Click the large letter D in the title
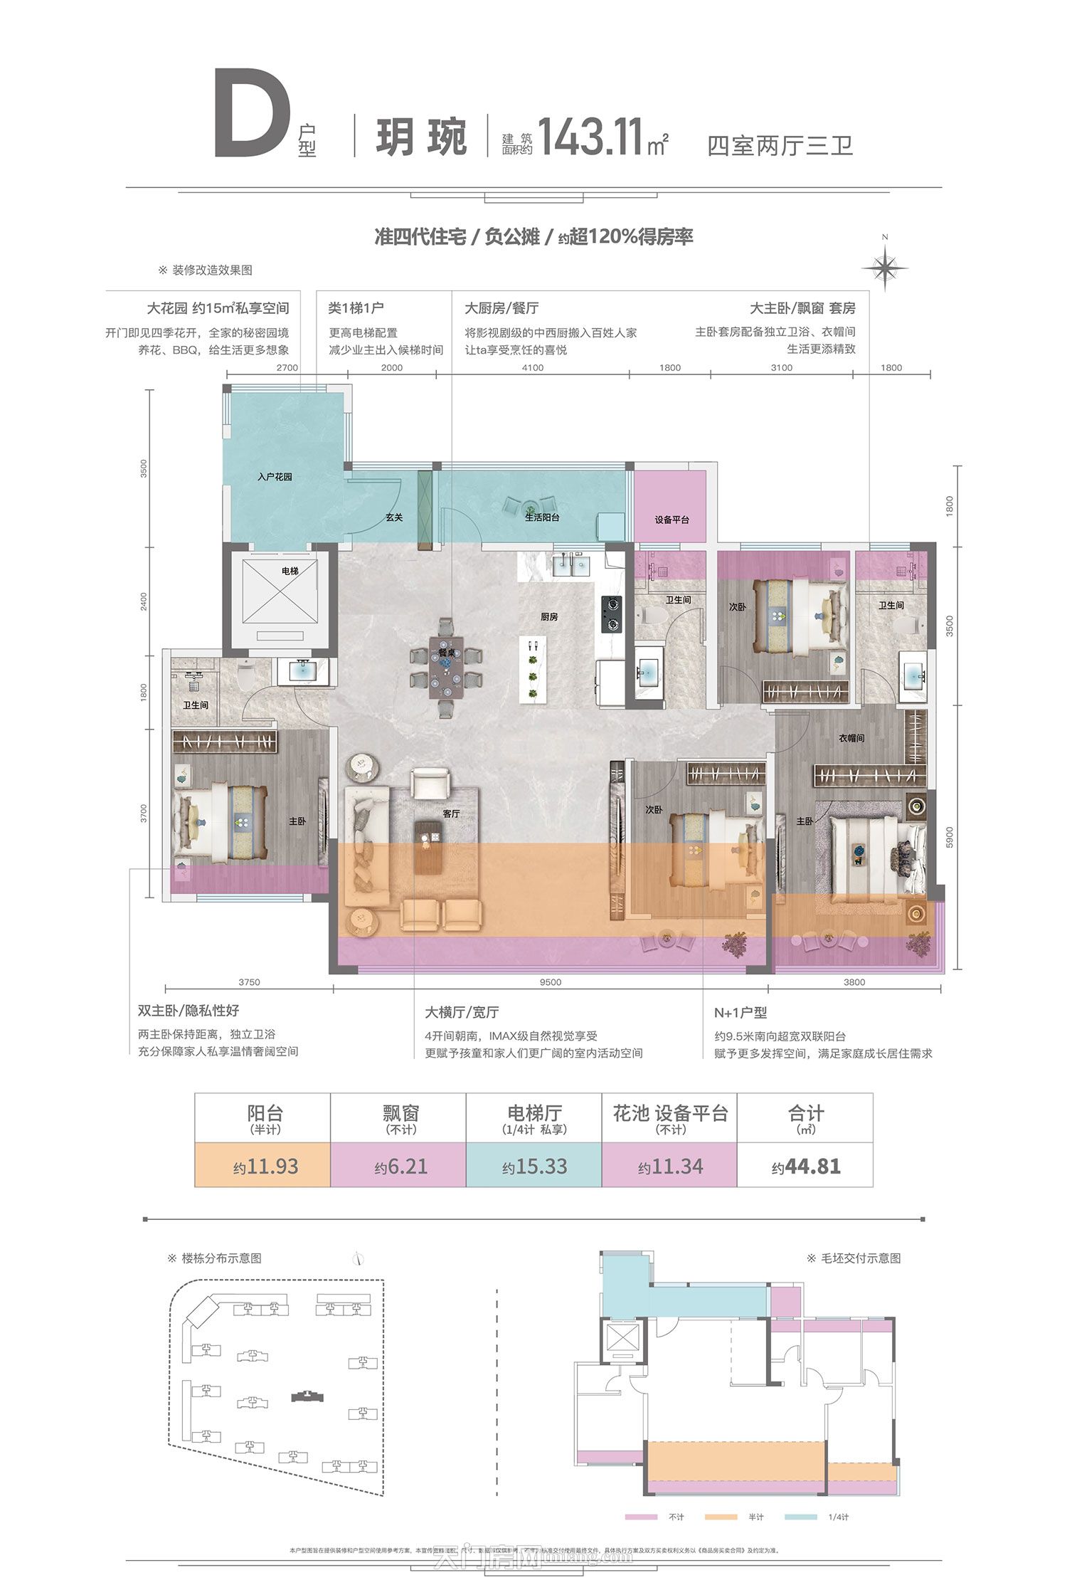pyautogui.click(x=253, y=114)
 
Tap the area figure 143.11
pyautogui.click(x=590, y=137)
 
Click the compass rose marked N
pyautogui.click(x=884, y=268)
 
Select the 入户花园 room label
pyautogui.click(x=275, y=476)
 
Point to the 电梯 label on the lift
pyautogui.click(x=290, y=571)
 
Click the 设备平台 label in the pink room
pyautogui.click(x=671, y=520)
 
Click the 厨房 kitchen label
pyautogui.click(x=548, y=616)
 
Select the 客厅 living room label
pyautogui.click(x=451, y=813)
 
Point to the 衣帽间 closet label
pyautogui.click(x=851, y=738)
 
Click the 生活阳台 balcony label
pyautogui.click(x=542, y=517)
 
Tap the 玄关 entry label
pyautogui.click(x=394, y=517)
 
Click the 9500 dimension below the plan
pyautogui.click(x=550, y=982)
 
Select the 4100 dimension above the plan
pyautogui.click(x=532, y=368)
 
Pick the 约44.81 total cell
pyautogui.click(x=805, y=1167)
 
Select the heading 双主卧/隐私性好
pyautogui.click(x=189, y=1011)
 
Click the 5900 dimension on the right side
pyautogui.click(x=950, y=837)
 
